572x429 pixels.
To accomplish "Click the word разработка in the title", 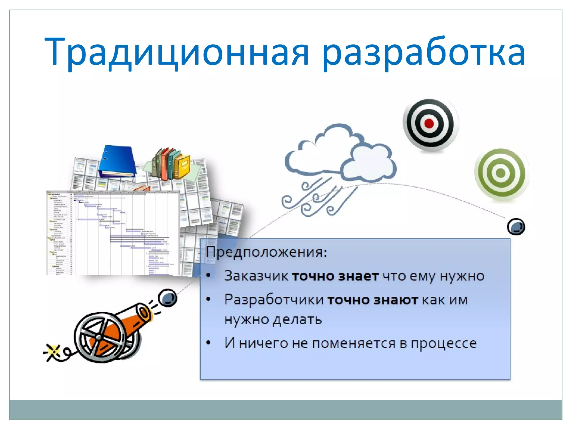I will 423,53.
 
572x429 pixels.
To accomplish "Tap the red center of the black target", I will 429,123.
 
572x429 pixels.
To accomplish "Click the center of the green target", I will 500,173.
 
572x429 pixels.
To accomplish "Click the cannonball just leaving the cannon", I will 167,298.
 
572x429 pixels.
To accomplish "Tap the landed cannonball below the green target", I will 516,227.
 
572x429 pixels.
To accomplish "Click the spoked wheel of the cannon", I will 99,337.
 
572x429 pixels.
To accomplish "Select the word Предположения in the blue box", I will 265,252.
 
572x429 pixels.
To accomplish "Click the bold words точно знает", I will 335,276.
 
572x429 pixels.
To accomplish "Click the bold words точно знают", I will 373,300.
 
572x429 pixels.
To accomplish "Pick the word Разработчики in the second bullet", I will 274,300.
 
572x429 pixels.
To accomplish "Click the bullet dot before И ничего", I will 208,343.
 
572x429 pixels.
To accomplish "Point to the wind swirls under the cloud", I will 318,198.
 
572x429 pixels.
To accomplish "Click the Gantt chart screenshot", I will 113,233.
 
